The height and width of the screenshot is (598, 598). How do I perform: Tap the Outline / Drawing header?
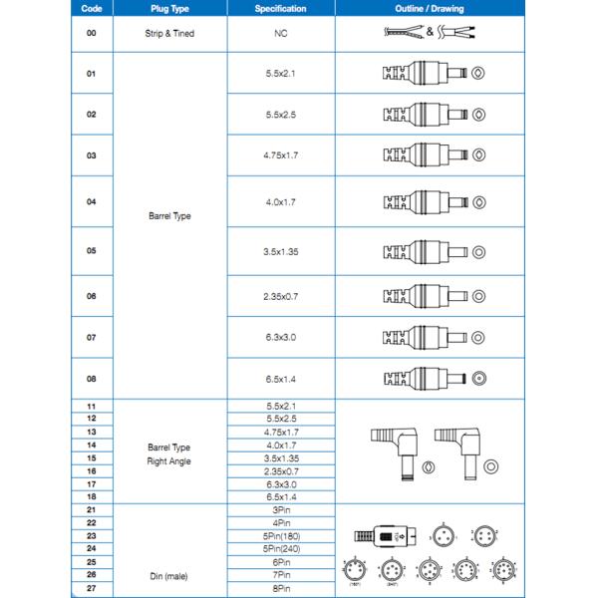click(429, 8)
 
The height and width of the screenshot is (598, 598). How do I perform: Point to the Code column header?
click(92, 8)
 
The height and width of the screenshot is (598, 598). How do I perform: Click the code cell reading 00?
click(92, 33)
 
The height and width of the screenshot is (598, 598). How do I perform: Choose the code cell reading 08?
click(92, 378)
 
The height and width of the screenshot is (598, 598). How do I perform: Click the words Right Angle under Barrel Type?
click(167, 461)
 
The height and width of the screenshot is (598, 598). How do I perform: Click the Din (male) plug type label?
click(167, 575)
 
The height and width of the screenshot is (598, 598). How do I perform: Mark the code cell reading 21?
click(92, 509)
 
